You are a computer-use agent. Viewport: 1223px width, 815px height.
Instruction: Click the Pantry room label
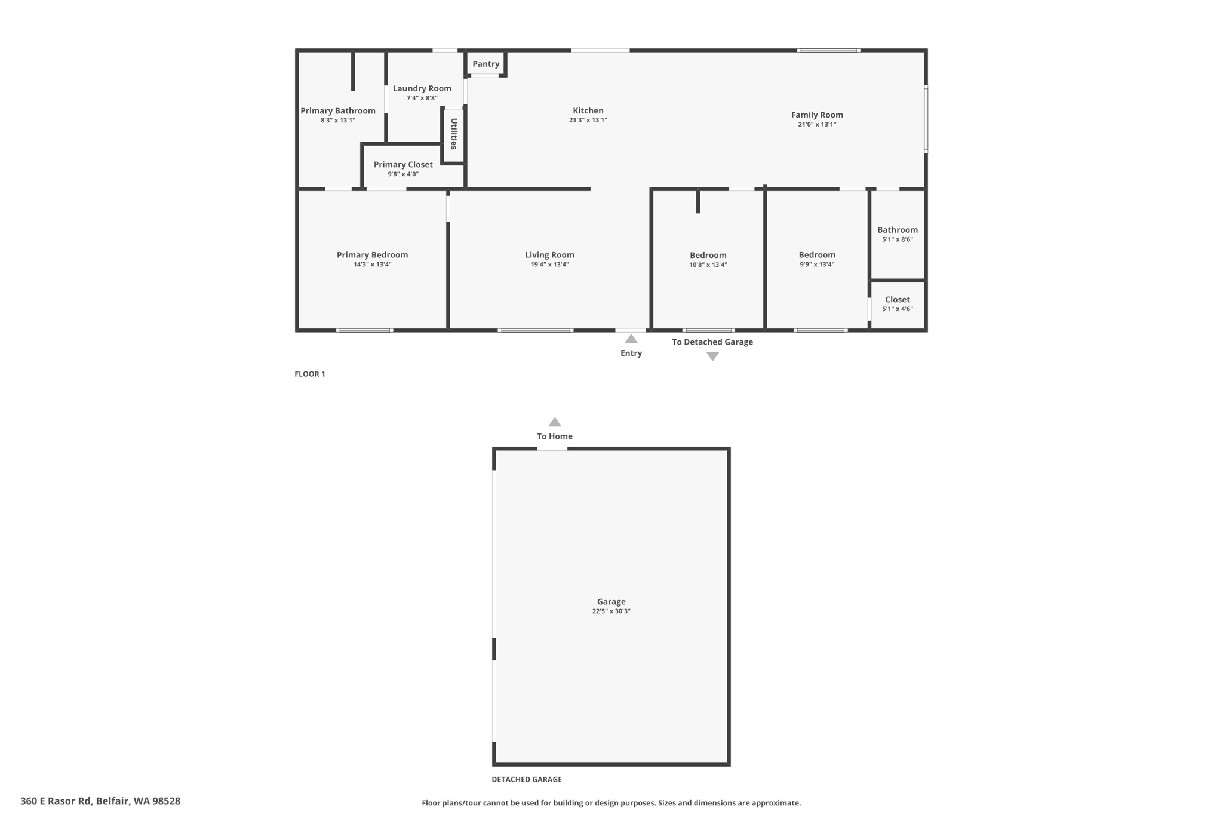(x=485, y=64)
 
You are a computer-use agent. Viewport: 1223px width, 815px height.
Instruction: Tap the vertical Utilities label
(x=454, y=134)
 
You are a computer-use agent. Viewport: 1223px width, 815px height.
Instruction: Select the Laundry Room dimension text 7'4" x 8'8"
(x=422, y=98)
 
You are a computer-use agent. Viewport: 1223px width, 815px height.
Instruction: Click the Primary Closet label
(x=403, y=165)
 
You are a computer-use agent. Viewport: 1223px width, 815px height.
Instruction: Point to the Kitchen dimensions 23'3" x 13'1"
(x=588, y=120)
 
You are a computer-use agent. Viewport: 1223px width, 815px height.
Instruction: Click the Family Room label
(x=817, y=115)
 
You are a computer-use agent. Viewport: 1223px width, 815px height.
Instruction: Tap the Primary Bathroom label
(x=337, y=110)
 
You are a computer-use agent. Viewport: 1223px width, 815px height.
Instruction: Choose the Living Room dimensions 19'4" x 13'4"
(x=549, y=265)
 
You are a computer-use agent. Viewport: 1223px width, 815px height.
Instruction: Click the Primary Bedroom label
(x=372, y=255)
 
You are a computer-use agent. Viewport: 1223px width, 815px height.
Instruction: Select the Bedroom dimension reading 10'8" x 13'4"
(x=708, y=265)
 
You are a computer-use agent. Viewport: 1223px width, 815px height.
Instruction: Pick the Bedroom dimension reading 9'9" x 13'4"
(x=817, y=265)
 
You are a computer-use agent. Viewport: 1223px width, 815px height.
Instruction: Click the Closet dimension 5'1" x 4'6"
(x=897, y=309)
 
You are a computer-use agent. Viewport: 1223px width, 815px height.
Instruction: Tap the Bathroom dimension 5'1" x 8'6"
(x=897, y=239)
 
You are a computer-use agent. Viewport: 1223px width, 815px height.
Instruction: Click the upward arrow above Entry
(x=631, y=339)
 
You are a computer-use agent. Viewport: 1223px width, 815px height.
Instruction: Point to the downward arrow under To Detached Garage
(x=712, y=356)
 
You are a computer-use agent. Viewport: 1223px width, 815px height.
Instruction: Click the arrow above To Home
(x=554, y=422)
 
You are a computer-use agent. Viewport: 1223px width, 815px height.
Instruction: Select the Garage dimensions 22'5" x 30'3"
(x=611, y=611)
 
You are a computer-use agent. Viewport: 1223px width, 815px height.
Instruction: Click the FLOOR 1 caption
(x=309, y=374)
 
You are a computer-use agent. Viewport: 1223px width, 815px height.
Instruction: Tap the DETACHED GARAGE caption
(x=526, y=779)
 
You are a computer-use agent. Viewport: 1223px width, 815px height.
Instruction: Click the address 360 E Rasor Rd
(x=100, y=801)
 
